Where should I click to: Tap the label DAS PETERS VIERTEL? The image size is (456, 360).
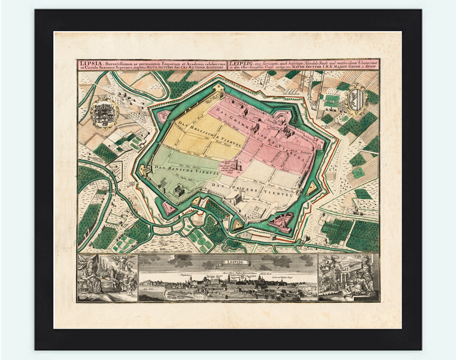[x=251, y=189]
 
